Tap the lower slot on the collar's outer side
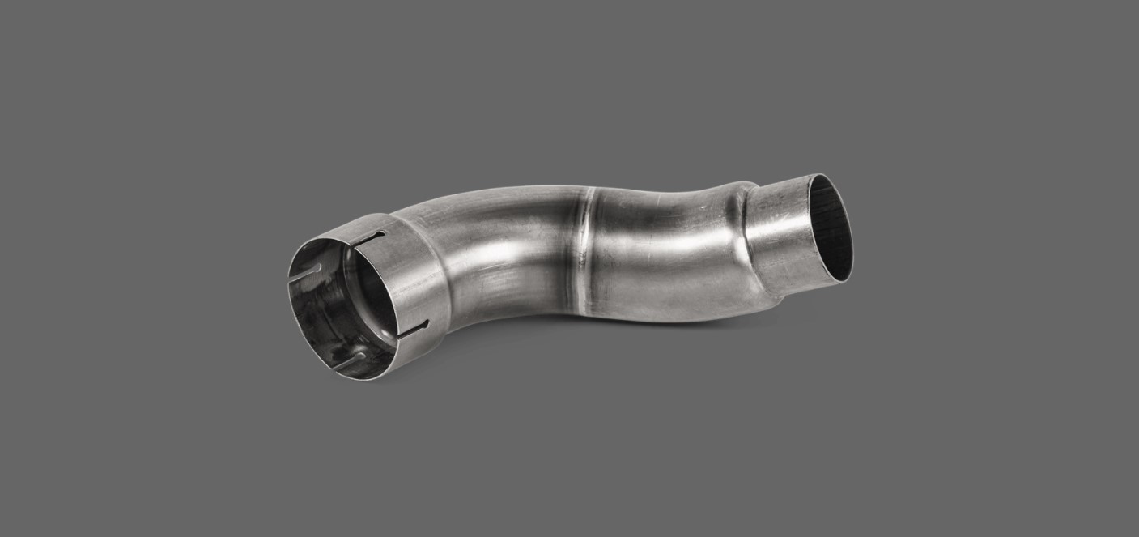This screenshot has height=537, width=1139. (x=415, y=329)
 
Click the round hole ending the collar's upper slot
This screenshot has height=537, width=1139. (x=383, y=234)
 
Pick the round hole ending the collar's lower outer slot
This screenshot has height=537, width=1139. (x=426, y=323)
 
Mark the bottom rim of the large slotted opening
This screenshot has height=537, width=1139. (x=340, y=374)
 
